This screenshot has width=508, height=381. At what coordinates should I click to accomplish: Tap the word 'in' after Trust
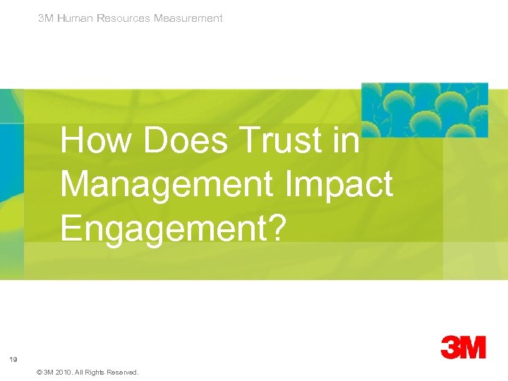tap(348, 140)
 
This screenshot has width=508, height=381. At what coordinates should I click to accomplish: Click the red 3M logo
tap(464, 347)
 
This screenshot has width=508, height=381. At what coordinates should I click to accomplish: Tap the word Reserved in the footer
tap(123, 372)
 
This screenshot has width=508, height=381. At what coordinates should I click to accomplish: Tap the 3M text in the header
tap(46, 18)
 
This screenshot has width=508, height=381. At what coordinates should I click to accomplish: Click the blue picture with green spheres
tap(424, 109)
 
